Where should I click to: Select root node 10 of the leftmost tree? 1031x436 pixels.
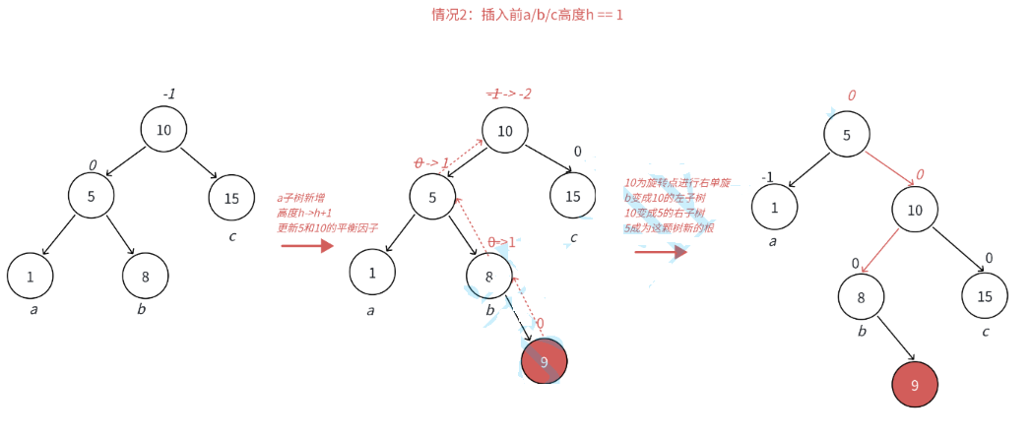tap(163, 130)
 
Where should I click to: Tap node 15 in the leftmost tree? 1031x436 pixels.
tap(231, 198)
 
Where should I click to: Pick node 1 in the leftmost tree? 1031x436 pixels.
tap(31, 277)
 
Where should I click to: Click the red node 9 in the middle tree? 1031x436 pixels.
tap(545, 361)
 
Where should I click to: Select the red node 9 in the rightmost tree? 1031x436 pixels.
tap(915, 385)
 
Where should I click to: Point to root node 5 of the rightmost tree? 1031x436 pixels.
tap(847, 136)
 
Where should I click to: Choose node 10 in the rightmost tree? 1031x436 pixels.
tap(916, 210)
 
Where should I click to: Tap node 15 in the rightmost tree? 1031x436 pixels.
tap(985, 296)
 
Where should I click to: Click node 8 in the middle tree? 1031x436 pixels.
tap(489, 277)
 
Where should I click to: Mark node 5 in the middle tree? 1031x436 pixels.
tap(432, 198)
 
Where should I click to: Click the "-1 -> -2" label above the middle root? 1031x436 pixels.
tap(509, 93)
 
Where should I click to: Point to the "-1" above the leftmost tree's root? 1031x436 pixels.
tap(169, 94)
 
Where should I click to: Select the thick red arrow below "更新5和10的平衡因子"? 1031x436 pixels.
tap(307, 245)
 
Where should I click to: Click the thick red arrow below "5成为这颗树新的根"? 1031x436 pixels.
tap(660, 253)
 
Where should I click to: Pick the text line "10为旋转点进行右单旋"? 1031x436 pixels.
tap(677, 183)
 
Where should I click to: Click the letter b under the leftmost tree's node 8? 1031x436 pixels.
tap(142, 310)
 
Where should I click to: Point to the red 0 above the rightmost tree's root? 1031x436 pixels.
tap(852, 95)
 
